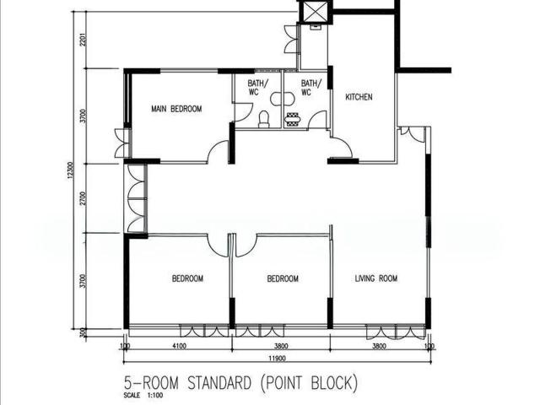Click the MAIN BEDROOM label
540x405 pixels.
pos(175,109)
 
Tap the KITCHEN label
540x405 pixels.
pos(359,97)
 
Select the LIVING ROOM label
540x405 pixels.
pos(375,278)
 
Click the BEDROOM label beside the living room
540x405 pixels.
pos(283,278)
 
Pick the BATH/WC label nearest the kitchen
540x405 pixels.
pos(311,88)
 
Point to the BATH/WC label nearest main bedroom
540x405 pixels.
pos(257,88)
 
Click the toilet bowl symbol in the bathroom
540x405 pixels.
pos(263,120)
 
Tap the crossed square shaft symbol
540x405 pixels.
pos(315,11)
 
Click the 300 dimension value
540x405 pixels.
pos(83,332)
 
